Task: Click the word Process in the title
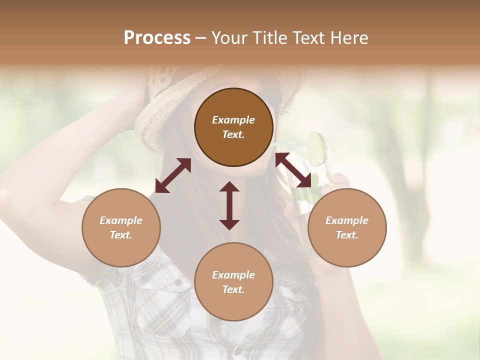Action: pos(157,38)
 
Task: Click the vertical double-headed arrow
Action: pos(229,205)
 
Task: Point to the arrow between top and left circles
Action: pos(173,175)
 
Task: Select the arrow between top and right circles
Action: pos(293,170)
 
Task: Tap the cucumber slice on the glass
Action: pos(316,148)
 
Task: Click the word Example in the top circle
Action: pos(233,120)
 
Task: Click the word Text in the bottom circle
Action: pos(233,289)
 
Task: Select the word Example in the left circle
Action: pos(121,220)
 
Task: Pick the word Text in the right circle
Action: pos(347,235)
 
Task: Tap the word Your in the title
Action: pos(229,38)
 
